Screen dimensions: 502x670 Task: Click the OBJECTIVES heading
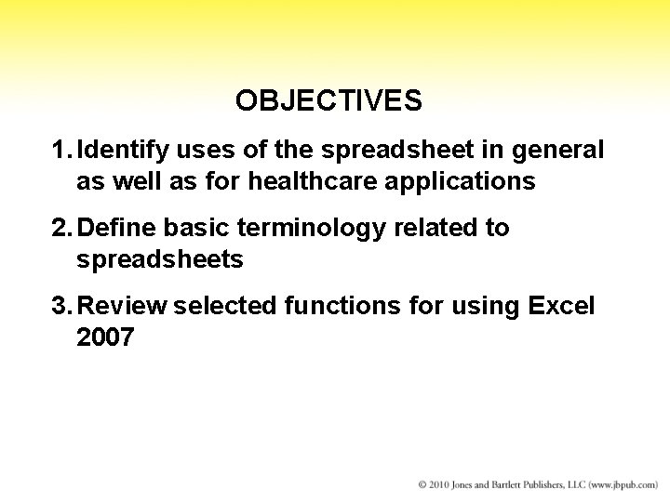pyautogui.click(x=328, y=100)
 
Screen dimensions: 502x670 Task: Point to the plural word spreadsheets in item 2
pyautogui.click(x=159, y=260)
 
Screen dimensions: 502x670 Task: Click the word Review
pyautogui.click(x=123, y=307)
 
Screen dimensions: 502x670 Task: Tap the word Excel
pyautogui.click(x=560, y=307)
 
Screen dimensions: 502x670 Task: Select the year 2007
pyautogui.click(x=105, y=338)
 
